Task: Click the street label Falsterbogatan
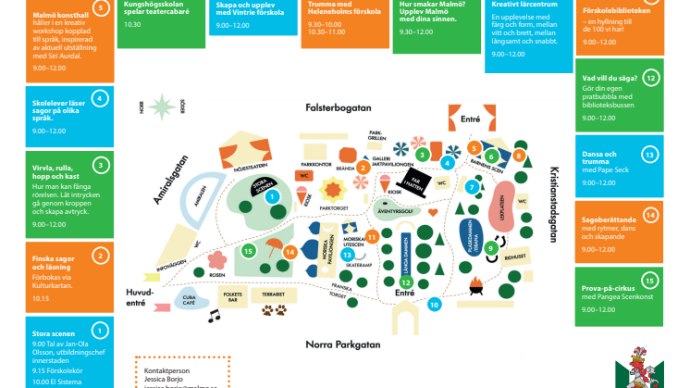[339, 107]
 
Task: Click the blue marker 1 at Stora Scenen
[271, 196]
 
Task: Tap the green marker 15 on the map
[247, 250]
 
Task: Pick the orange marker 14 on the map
[290, 251]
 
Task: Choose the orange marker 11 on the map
[372, 236]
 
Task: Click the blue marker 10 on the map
[435, 304]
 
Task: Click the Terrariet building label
[273, 293]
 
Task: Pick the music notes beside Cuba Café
[215, 316]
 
